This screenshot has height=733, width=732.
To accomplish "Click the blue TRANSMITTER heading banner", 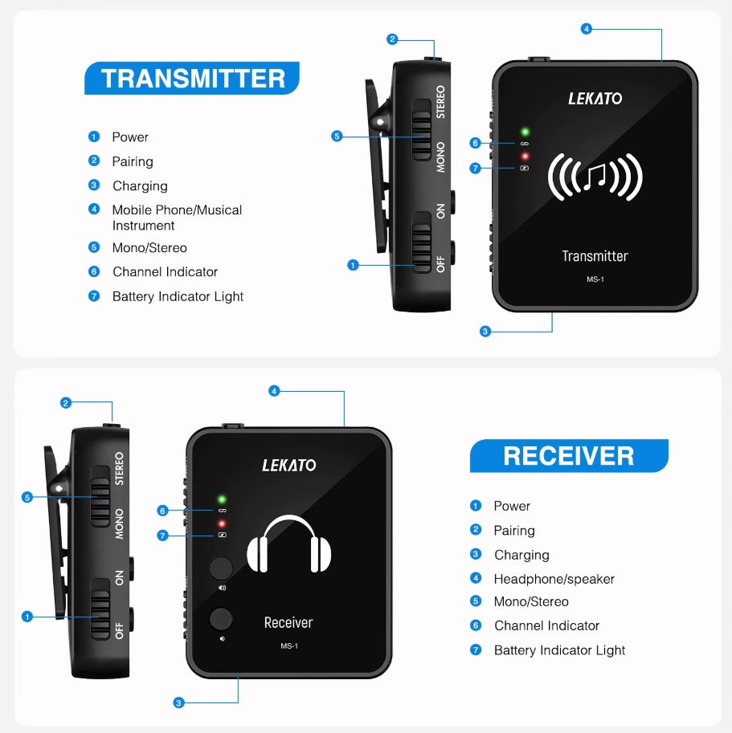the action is [x=193, y=78].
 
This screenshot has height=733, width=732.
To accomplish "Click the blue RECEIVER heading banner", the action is [x=569, y=456].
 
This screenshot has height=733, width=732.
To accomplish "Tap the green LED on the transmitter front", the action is [x=525, y=132].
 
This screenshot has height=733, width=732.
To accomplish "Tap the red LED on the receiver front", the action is [x=222, y=523].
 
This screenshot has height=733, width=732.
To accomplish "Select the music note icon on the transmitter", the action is [x=595, y=177].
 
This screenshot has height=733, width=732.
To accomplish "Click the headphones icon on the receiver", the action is [x=289, y=545].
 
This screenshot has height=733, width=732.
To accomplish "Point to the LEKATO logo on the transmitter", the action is [x=595, y=99].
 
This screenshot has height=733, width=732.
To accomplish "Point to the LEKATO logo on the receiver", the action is [x=289, y=465].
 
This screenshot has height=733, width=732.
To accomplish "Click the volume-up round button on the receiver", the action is [x=221, y=568].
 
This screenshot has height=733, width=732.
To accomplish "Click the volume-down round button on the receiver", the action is [x=221, y=619].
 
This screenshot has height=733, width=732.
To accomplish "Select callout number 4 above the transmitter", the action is [x=587, y=29].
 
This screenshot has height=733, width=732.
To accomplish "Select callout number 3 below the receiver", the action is [x=178, y=702].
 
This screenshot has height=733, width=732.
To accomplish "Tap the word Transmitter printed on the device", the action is [x=595, y=256].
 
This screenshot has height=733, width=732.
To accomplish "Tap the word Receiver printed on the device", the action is [x=288, y=622].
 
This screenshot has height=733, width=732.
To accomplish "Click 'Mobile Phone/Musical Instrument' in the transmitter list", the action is [x=177, y=218].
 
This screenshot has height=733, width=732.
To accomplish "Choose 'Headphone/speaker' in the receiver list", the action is [x=554, y=579].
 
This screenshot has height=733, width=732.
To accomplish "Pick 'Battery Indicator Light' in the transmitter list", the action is [x=178, y=296].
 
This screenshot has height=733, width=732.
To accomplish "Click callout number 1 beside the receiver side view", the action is [x=27, y=617].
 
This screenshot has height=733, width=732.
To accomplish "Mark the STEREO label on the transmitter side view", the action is [x=440, y=101].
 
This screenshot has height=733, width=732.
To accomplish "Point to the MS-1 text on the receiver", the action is [x=289, y=645].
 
